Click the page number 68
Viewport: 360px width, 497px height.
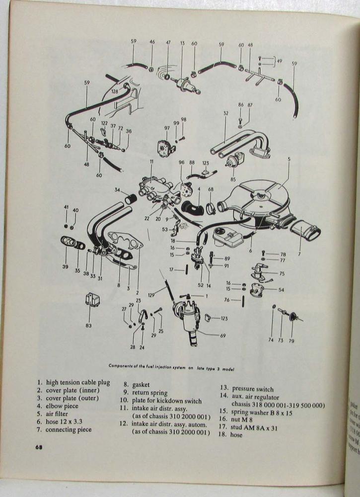[x=38, y=446]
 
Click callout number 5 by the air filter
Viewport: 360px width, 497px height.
[x=288, y=160]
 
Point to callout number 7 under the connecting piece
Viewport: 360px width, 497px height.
[x=299, y=254]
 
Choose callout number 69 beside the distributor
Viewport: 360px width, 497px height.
[x=223, y=336]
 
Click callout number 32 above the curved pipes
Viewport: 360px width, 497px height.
[x=225, y=114]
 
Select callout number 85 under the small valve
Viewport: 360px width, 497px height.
[x=233, y=179]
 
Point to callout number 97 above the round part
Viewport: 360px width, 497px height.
[x=167, y=128]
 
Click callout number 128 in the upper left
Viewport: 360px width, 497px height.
[x=115, y=91]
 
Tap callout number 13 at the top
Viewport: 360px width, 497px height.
[x=182, y=43]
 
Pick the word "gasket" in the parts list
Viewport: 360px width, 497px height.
[x=142, y=384]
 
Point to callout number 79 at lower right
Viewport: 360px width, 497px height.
[x=291, y=340]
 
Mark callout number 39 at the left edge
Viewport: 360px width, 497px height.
[x=65, y=267]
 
